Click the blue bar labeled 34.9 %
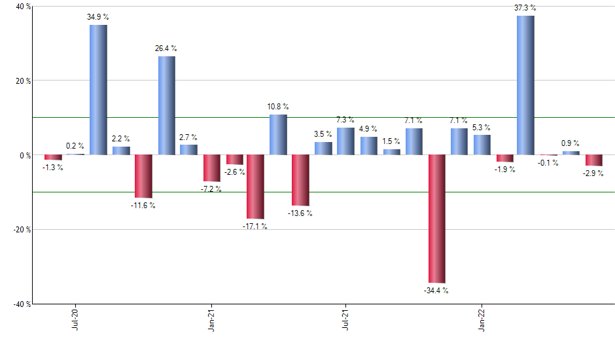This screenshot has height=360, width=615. coord(98,90)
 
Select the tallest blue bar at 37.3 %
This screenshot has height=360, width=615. coord(525,85)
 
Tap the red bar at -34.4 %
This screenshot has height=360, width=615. coord(436,219)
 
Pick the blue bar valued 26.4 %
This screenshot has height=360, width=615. coord(166,105)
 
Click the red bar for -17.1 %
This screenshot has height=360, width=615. coord(255,187)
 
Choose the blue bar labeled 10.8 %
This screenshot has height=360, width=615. coord(278,135)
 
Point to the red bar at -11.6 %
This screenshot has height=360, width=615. coord(143,176)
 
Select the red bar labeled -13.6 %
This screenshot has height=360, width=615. coord(300,180)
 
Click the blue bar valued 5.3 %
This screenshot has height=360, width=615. coord(482,145)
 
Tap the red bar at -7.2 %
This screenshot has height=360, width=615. coord(211,168)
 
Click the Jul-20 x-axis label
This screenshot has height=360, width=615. coord(76,317)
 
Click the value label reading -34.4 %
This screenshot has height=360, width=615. coord(436,291)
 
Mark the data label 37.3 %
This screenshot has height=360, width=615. coord(525,8)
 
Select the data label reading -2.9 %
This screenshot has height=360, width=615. coord(594,174)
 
